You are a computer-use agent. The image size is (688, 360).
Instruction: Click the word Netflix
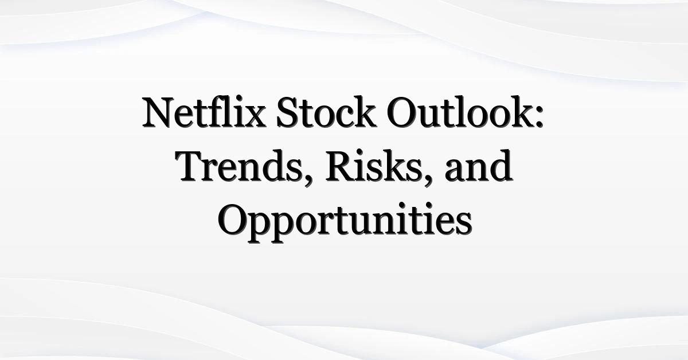tap(204, 112)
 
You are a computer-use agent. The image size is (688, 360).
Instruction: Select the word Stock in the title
tap(326, 112)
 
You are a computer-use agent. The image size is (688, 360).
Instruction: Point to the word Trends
tap(239, 166)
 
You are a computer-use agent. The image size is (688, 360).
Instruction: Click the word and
tap(479, 166)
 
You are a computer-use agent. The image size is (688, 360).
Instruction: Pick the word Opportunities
tap(345, 222)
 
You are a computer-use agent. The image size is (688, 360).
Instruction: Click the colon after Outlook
tap(540, 116)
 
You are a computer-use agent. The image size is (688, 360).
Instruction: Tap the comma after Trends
tap(307, 179)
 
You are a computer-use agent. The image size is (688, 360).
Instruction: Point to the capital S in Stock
tap(287, 112)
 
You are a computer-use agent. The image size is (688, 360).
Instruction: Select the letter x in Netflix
tap(255, 117)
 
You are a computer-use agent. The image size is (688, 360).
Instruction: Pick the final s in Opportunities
tap(464, 225)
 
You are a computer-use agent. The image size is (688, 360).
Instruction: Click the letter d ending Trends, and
tap(501, 166)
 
